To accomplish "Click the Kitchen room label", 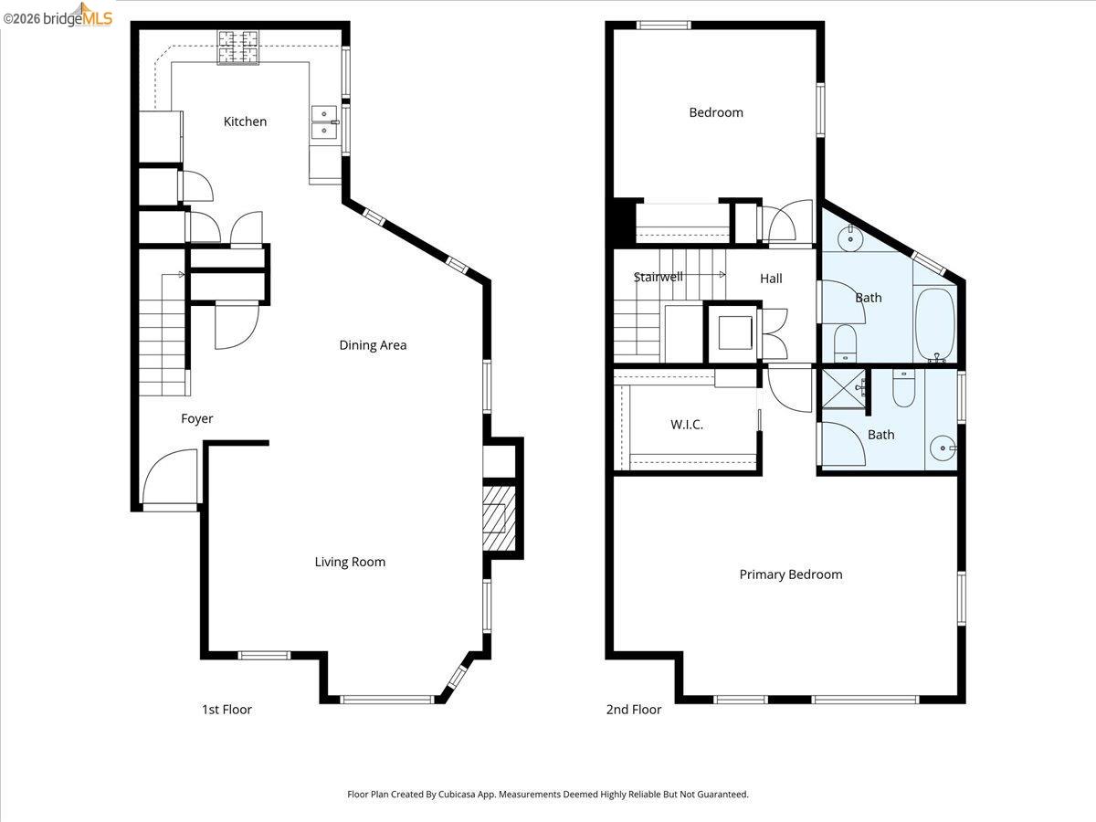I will (245, 121).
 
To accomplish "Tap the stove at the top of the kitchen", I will (237, 47).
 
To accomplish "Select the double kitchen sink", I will (323, 122).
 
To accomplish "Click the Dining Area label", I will (373, 345).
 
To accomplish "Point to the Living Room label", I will (350, 562).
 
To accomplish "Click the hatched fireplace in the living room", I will (499, 519).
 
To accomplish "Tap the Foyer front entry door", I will (171, 478).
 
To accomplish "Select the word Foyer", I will (196, 419).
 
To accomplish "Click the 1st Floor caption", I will (227, 710).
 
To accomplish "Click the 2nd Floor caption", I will (634, 710).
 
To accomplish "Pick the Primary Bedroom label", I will (790, 574).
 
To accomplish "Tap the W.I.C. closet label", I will (687, 425).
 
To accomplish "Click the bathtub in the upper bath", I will (934, 324).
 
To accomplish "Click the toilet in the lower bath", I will (903, 390).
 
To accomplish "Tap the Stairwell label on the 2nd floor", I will (658, 277).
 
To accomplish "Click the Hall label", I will (771, 279).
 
